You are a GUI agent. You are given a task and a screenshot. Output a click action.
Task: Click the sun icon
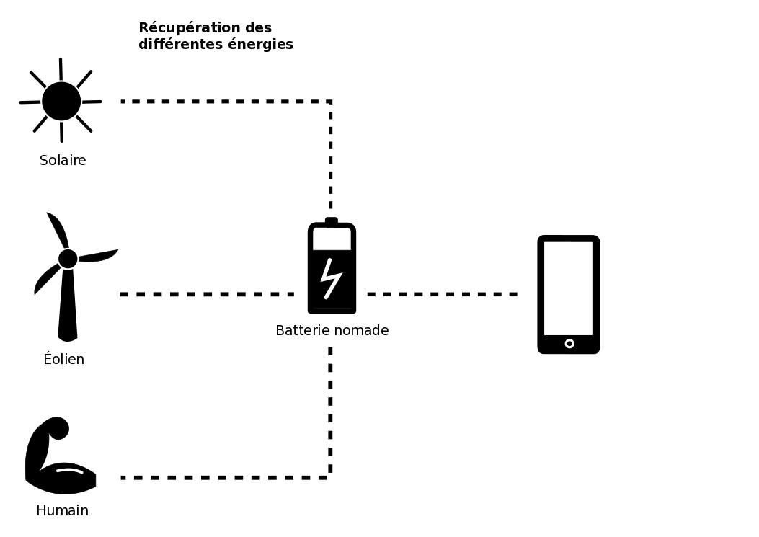click(x=61, y=101)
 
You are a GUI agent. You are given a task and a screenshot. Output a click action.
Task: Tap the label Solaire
click(x=63, y=160)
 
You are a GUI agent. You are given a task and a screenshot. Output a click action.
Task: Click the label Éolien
click(x=63, y=359)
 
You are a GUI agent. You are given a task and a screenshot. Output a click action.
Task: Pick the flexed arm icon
click(x=58, y=458)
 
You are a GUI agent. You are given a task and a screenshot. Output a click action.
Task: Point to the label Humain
click(x=62, y=510)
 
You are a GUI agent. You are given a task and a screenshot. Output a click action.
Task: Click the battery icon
click(x=332, y=268)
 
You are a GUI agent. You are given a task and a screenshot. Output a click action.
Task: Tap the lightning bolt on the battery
click(x=331, y=278)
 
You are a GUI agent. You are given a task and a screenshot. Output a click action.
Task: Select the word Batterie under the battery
click(x=302, y=330)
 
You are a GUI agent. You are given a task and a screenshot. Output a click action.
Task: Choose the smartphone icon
click(x=568, y=294)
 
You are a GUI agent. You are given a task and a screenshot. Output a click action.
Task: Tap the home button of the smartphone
click(x=569, y=344)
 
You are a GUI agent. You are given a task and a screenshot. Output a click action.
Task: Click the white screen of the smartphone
click(x=568, y=287)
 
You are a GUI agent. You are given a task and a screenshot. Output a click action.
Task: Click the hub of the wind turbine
click(x=68, y=259)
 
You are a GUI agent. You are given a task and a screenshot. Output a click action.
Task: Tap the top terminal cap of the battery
click(x=332, y=221)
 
